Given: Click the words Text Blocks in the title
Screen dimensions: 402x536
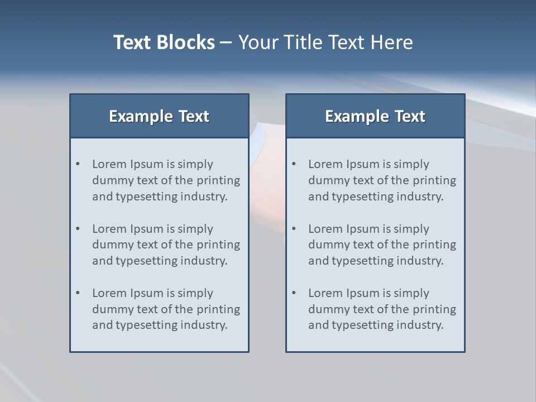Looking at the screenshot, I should (164, 42).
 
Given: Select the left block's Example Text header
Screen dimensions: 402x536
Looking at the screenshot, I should (159, 116).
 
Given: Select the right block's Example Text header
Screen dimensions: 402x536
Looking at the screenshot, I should (375, 116).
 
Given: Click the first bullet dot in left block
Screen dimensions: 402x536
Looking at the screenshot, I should (78, 164).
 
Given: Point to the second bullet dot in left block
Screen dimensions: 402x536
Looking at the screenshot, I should (78, 229).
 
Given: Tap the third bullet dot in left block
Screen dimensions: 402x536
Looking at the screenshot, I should (78, 293).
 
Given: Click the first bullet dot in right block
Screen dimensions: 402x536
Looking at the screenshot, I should (294, 164).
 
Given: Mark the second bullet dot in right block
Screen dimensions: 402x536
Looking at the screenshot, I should (294, 229).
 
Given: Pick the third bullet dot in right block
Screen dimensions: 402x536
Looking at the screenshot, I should (294, 293).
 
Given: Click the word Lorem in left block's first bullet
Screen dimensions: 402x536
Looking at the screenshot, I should (109, 164).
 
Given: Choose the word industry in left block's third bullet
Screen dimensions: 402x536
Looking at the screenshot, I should (204, 325).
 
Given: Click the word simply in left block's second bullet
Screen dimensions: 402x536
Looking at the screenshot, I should (196, 229).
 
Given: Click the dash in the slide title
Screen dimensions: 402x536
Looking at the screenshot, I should (226, 42).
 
